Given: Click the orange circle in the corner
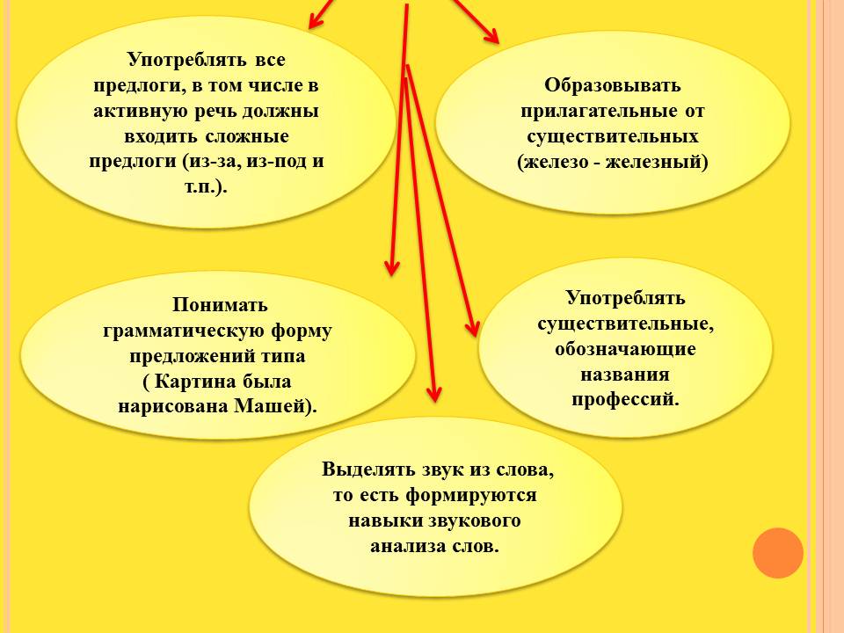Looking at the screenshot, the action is coord(778,553).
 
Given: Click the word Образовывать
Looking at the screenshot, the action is coord(613,85).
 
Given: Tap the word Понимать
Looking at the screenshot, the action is coord(220,305).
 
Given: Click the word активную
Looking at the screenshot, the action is coord(141,111).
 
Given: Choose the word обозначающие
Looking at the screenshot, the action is coord(625,348).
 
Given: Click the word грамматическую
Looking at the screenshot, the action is coord(183,331).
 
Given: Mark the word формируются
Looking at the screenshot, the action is coord(471,495).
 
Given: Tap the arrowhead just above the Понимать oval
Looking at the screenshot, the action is coord(392,266).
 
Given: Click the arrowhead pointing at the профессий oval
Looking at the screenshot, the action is coord(471,327).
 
